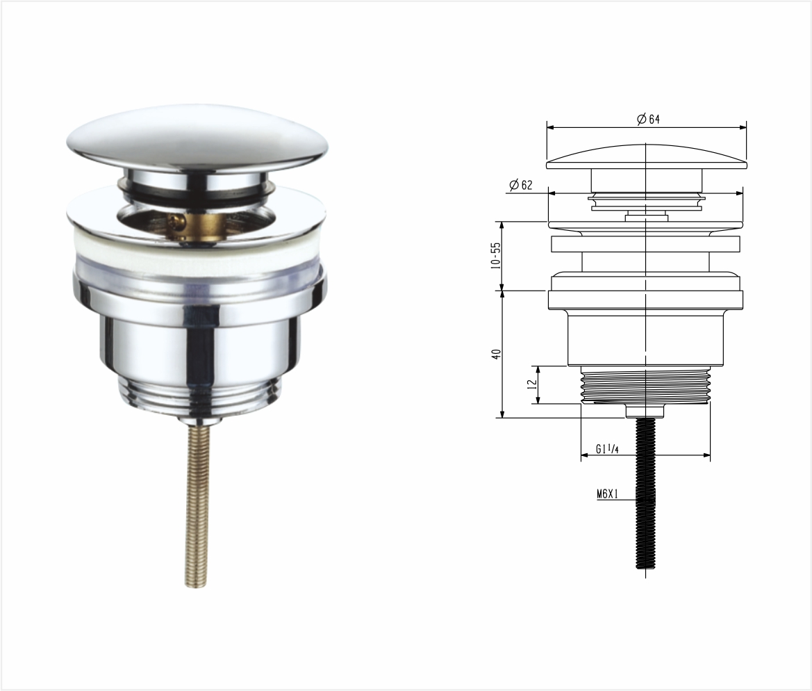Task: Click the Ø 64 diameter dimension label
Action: coord(648,120)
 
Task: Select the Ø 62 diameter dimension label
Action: coord(520,184)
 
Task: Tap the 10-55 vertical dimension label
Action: coord(496,255)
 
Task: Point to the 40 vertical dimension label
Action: coord(496,355)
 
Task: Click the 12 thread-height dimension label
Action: coord(531,384)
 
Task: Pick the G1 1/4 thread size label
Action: coord(607,449)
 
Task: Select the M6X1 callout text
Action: coord(608,494)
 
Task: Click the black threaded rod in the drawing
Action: coord(645,494)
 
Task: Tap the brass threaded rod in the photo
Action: coord(198,502)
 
